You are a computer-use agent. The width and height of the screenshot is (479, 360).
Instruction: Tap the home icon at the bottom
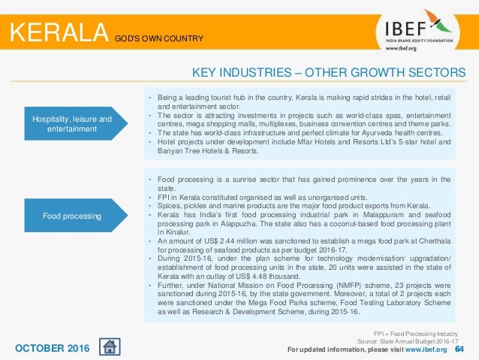pyautogui.click(x=109, y=347)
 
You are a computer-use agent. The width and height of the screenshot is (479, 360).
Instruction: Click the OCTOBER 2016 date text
pyautogui.click(x=53, y=348)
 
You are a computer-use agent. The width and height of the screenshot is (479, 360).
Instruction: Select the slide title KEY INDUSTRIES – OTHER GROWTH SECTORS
pyautogui.click(x=329, y=72)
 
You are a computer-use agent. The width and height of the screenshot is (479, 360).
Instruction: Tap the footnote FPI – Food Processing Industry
pyautogui.click(x=417, y=331)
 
